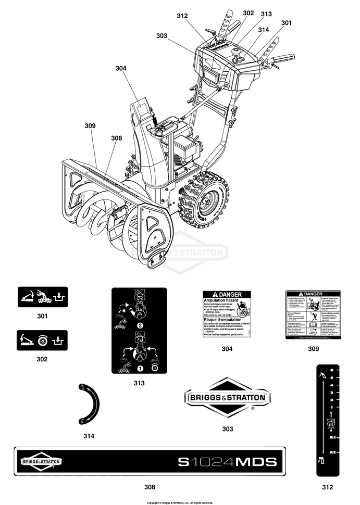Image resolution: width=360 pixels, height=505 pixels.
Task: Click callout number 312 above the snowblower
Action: point(181,16)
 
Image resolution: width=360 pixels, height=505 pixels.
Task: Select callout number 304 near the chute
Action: point(121,68)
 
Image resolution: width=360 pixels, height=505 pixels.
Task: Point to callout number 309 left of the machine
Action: point(90,125)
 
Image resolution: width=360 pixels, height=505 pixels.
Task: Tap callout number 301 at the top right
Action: point(287,22)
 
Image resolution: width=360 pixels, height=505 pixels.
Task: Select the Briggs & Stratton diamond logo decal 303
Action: point(227,398)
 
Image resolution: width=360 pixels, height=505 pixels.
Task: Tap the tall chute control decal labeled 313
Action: point(139,330)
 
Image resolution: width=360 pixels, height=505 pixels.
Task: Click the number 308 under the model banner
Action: point(150,487)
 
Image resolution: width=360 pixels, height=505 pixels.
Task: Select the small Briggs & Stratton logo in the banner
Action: point(42,462)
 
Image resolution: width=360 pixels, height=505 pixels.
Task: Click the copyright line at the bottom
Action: point(180,502)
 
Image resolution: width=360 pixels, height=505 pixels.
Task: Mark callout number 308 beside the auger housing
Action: point(116,138)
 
